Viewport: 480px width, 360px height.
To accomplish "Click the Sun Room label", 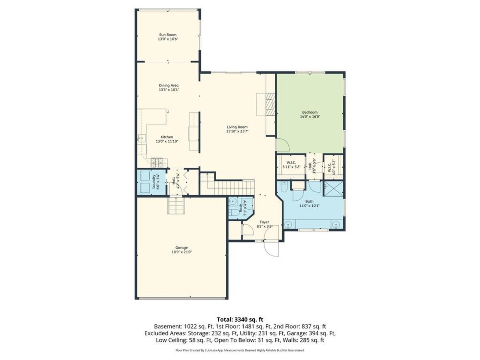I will click(167, 34).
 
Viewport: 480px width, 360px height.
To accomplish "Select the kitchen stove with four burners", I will click(156, 162).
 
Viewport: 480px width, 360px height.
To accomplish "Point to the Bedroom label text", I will click(310, 112).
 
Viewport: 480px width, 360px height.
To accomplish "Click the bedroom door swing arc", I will click(282, 144).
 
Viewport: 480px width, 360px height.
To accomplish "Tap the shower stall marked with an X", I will click(333, 188).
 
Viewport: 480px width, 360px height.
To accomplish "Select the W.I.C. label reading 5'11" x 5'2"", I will click(291, 164).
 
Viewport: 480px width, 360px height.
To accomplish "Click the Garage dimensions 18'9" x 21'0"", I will click(181, 252).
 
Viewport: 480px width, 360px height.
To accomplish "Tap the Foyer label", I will click(264, 222).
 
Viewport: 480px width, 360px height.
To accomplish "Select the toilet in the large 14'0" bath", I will click(284, 186).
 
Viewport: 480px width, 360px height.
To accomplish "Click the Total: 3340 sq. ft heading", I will click(240, 319).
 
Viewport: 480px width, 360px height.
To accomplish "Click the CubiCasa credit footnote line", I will click(240, 350).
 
